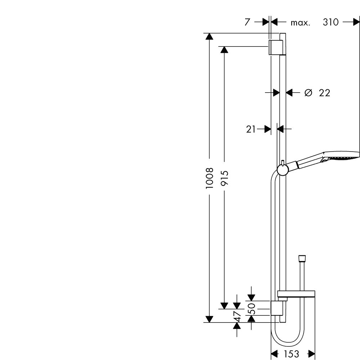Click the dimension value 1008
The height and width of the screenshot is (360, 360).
210,178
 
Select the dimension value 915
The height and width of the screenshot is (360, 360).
224,178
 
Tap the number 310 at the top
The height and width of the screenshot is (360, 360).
330,22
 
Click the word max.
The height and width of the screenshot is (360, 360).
300,23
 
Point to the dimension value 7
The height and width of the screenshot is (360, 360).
247,22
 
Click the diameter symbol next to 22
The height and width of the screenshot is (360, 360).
309,93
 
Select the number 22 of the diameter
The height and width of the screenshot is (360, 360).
324,93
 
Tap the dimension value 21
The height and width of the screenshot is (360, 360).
251,129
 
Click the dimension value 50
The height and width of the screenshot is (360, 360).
252,309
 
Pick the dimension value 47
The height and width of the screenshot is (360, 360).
237,316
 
